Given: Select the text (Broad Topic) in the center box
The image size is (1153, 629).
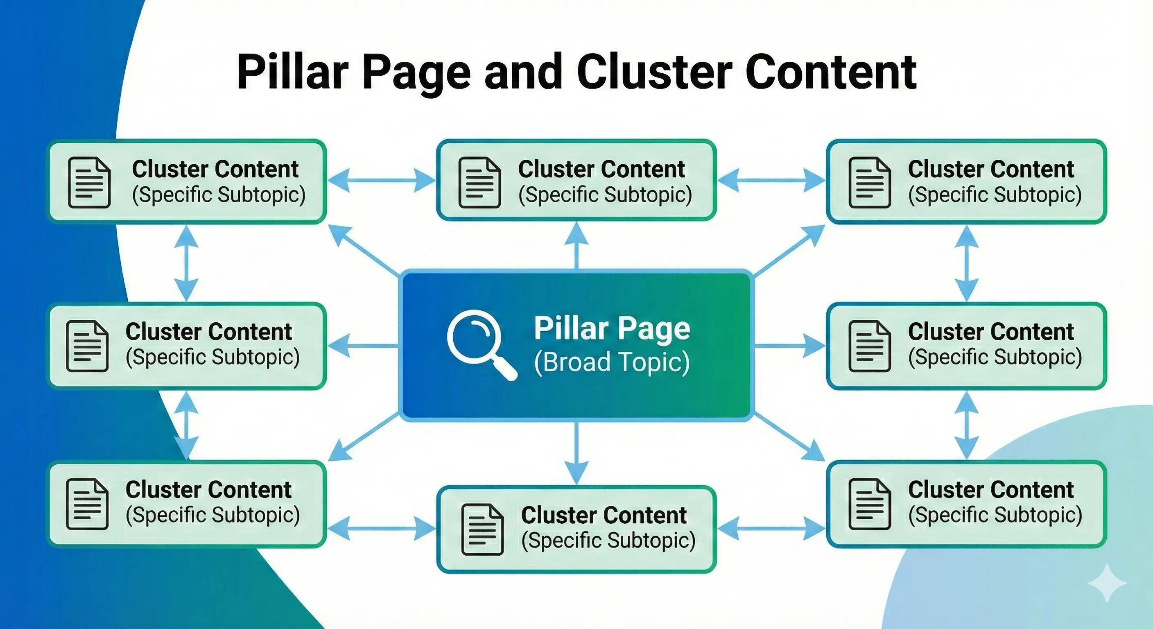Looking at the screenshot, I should click(612, 362).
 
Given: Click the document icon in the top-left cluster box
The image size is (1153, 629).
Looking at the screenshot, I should click(89, 182).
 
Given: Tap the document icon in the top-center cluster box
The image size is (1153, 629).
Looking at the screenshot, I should click(479, 182).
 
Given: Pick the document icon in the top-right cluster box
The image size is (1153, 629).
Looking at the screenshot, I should click(869, 182).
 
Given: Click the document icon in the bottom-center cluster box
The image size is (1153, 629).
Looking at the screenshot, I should click(482, 529).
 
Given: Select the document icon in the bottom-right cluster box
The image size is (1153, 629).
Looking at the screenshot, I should click(869, 504).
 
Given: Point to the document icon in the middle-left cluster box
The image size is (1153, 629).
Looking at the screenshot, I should click(87, 346).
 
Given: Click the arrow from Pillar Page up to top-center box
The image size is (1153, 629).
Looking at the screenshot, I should click(576, 246).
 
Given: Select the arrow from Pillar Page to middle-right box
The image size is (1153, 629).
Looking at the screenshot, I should click(790, 346).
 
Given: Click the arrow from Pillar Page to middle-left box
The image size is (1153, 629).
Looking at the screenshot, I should click(362, 346).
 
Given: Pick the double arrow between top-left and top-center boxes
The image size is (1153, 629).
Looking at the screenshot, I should click(381, 181).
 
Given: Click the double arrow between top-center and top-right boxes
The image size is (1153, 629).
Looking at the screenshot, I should click(771, 181).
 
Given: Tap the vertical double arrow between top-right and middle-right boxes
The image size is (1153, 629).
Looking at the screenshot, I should click(966, 263).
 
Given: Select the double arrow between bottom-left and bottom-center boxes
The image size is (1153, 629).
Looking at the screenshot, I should click(381, 529).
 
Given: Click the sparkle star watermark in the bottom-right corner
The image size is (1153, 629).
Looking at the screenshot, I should click(1106, 582).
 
